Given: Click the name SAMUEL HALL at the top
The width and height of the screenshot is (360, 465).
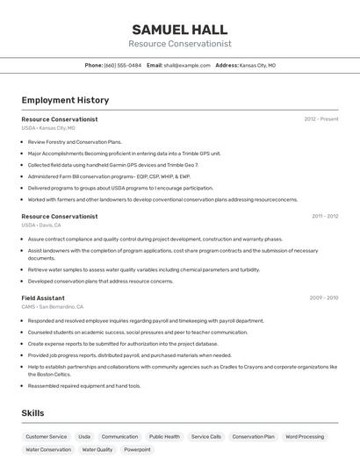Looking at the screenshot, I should pyautogui.click(x=179, y=30).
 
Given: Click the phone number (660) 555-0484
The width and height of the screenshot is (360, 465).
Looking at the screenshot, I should pyautogui.click(x=122, y=65).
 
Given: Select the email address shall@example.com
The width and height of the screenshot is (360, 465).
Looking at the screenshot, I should pyautogui.click(x=181, y=65).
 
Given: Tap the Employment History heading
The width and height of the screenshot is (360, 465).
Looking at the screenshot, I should pyautogui.click(x=65, y=100).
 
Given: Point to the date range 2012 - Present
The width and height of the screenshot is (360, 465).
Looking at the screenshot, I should pyautogui.click(x=321, y=118).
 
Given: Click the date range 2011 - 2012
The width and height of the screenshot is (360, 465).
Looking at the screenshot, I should pyautogui.click(x=325, y=216).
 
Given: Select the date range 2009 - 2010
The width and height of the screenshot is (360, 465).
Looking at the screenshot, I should pyautogui.click(x=324, y=298).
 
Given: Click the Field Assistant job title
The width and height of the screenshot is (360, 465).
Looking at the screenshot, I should pyautogui.click(x=43, y=298).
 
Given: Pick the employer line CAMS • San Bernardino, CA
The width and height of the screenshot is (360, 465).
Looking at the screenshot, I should pyautogui.click(x=53, y=307).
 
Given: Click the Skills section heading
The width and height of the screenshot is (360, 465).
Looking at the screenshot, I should pyautogui.click(x=32, y=412).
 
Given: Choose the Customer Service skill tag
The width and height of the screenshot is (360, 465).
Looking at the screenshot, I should pyautogui.click(x=46, y=436).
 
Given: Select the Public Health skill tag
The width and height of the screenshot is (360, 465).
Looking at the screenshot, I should pyautogui.click(x=164, y=436).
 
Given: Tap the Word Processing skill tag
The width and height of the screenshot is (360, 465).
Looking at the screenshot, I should pyautogui.click(x=305, y=436).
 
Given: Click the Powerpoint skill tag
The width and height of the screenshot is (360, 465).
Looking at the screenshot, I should pyautogui.click(x=137, y=449).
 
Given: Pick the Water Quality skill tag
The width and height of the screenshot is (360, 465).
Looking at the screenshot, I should pyautogui.click(x=97, y=449).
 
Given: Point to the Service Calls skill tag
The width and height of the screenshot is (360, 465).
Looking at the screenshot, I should pyautogui.click(x=206, y=436).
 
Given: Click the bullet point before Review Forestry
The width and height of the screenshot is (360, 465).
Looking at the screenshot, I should pyautogui.click(x=23, y=142).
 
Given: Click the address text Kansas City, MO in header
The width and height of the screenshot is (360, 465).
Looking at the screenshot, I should pyautogui.click(x=257, y=65).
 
